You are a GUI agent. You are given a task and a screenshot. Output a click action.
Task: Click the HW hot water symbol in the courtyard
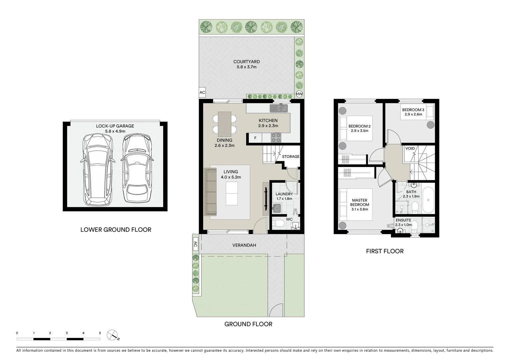coord(299,94)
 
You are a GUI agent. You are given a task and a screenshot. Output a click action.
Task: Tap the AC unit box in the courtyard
coord(202,93)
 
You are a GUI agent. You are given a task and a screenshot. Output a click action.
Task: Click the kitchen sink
coord(278,108)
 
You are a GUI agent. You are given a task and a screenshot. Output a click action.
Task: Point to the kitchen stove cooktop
coord(277,136)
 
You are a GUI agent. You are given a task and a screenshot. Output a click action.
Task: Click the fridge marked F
coord(255,138)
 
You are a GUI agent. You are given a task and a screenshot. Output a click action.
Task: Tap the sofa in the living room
coord(210,192)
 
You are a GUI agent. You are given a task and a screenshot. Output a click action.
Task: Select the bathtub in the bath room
coord(428,199)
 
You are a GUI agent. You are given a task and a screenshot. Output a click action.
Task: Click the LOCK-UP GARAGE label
coord(115,126)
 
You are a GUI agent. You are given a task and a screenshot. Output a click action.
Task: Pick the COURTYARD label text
coord(246,62)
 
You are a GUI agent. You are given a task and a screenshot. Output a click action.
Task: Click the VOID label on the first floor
coord(410,149)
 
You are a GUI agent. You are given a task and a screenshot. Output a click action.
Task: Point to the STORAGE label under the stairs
coord(291,157)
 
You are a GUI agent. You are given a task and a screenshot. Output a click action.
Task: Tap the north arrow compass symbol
coord(113,335)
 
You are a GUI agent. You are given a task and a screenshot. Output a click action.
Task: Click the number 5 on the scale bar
coord(100,333)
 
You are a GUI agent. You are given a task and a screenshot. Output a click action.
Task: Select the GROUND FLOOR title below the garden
coord(248,324)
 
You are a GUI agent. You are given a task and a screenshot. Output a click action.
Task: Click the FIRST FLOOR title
coord(385,251)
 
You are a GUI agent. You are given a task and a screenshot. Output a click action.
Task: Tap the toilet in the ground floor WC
coord(278,224)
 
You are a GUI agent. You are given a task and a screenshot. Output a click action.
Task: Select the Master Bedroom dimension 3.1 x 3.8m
coord(360,209)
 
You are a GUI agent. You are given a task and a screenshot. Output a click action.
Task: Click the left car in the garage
coord(96,169)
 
